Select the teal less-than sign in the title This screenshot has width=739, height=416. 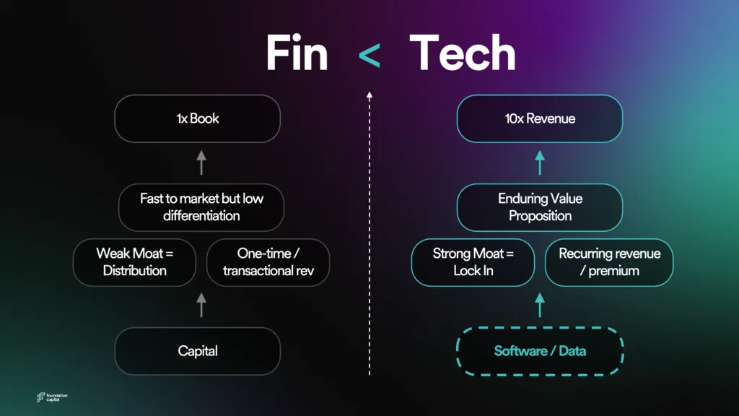coord(369,56)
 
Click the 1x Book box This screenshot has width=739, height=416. coord(198,118)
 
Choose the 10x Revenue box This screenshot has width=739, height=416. coord(540,118)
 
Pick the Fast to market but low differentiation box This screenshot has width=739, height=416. coord(201,207)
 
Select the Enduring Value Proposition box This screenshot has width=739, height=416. coord(540,207)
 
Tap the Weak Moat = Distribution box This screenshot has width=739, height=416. coord(134,262)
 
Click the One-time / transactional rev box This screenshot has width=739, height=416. coord(268,262)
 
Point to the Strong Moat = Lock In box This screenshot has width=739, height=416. coord(473,262)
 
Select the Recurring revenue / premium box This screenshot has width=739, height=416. coord(609,262)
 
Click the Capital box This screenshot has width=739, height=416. coord(198,351)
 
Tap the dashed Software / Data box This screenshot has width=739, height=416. coord(540,351)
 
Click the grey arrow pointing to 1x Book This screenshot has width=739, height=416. coord(201,162)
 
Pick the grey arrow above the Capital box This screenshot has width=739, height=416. coord(201,305)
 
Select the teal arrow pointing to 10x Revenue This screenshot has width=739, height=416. coord(540,162)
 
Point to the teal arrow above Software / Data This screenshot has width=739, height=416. coord(540,305)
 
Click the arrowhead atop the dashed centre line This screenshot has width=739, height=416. coord(369,95)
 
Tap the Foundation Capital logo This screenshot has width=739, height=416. coord(52,397)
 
